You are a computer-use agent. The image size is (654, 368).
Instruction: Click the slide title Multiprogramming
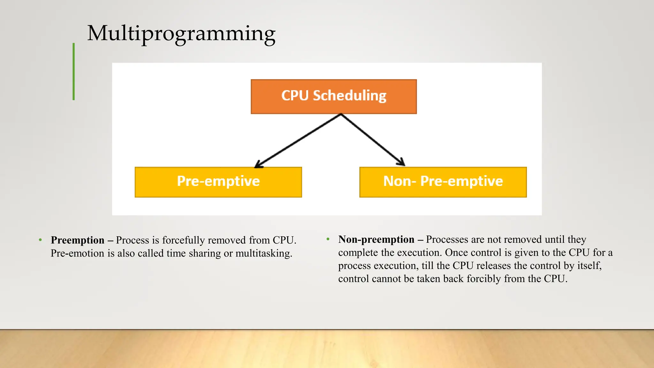click(181, 34)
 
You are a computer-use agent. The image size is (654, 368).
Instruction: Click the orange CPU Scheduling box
click(334, 96)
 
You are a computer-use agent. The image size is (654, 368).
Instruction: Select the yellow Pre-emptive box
click(218, 182)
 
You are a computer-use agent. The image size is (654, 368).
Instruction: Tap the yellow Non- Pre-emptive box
click(443, 182)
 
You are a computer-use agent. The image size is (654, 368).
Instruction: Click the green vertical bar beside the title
click(74, 72)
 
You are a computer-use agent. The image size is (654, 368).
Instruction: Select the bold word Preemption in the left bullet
click(78, 240)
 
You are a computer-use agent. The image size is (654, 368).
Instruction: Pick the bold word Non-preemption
click(376, 240)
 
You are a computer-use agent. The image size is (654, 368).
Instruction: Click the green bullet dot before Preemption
click(40, 240)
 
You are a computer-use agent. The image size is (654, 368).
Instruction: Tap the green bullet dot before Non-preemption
click(328, 239)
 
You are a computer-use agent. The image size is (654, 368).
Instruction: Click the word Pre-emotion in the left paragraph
click(78, 253)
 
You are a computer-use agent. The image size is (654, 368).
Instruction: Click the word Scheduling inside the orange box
click(350, 96)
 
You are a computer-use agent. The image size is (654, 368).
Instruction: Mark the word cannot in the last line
click(386, 279)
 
